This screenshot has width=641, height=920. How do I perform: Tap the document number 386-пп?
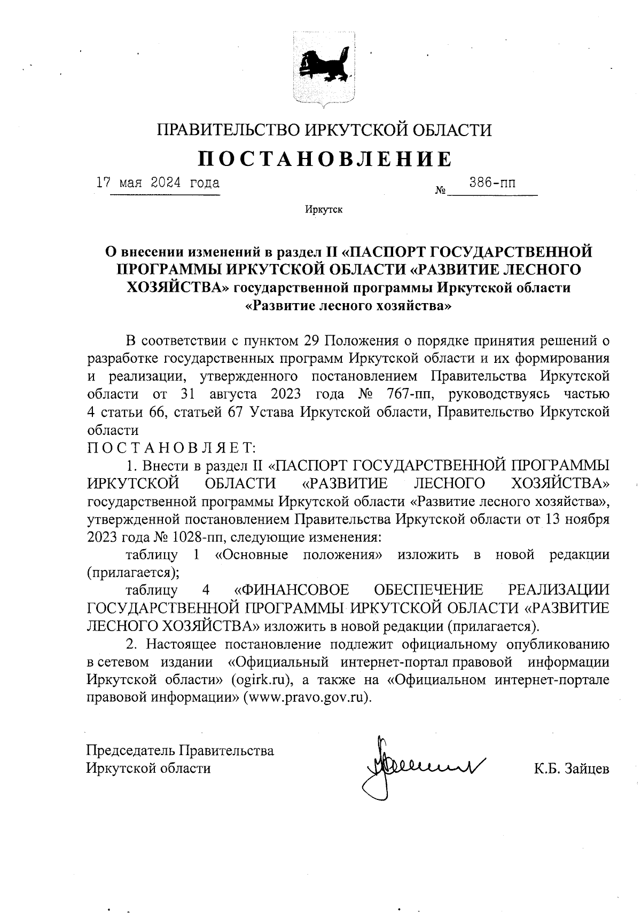coord(492,183)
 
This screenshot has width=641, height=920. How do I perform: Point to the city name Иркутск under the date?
coord(323,209)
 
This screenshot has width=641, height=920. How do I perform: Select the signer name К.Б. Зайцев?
coord(571,768)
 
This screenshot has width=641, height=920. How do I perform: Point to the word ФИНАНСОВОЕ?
coord(292,590)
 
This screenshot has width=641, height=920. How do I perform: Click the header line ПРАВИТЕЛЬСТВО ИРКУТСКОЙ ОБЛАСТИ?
coord(324,130)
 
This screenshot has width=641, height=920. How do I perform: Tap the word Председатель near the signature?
coord(130,750)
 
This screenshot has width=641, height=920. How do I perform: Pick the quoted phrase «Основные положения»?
coord(299,554)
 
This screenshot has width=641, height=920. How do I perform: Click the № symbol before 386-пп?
coord(441,190)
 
